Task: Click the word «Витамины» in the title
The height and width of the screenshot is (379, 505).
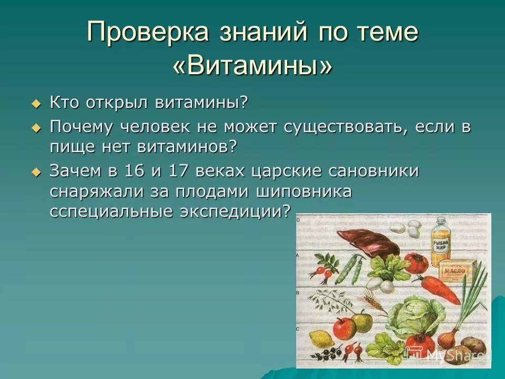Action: point(252,66)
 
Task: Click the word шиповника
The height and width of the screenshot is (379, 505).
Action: point(304,191)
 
